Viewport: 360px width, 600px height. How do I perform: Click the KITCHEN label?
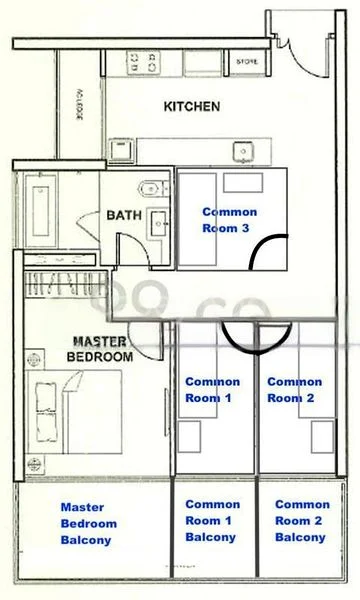point(192,106)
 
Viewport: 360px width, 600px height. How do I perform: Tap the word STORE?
point(247,62)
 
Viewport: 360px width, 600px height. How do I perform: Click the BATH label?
point(125,214)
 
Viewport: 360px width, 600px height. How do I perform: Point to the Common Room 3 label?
point(229,220)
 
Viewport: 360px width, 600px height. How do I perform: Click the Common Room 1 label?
point(212,389)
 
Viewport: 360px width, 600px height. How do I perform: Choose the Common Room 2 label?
point(294,389)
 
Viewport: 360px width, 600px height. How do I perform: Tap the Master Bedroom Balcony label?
point(88,523)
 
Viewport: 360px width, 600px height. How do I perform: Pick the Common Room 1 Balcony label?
point(212,521)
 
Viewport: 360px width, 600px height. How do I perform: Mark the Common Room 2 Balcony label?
point(301,521)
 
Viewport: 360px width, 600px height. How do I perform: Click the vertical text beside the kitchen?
point(80,101)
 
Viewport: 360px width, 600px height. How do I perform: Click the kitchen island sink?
point(241,151)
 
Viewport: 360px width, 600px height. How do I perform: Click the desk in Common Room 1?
point(232,439)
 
